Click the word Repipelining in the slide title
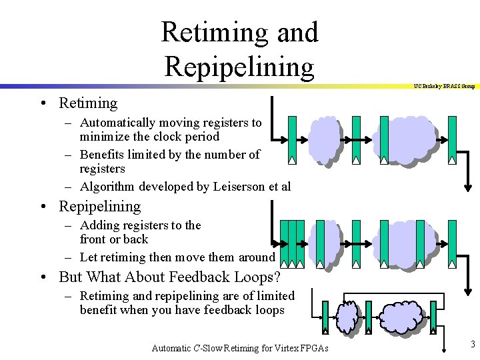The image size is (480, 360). [239, 67]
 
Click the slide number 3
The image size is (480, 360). [472, 344]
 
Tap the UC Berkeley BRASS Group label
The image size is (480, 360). [443, 85]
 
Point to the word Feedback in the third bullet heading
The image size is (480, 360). [199, 277]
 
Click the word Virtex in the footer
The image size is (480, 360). [288, 347]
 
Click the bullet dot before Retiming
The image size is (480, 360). [42, 103]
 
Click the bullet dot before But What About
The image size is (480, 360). [42, 277]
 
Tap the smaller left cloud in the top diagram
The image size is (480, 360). [324, 141]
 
